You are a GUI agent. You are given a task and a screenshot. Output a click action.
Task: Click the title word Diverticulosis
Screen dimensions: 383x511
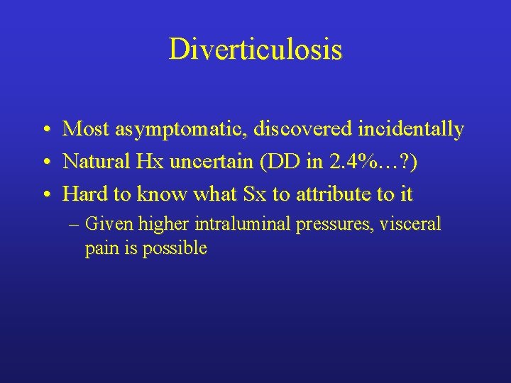[255, 49]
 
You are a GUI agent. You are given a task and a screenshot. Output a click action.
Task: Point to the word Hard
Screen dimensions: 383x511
[82, 193]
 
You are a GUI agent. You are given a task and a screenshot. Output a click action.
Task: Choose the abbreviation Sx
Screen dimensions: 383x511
[251, 193]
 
